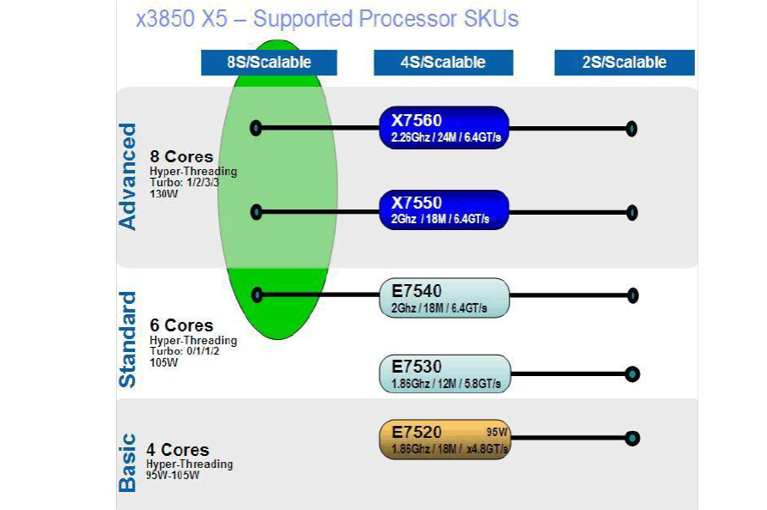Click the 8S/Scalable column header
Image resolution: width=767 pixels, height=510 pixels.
pyautogui.click(x=269, y=63)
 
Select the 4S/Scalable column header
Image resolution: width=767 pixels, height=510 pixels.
pyautogui.click(x=443, y=63)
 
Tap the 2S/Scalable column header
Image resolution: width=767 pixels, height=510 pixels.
pyautogui.click(x=624, y=63)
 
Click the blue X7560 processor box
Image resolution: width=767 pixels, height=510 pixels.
pyautogui.click(x=444, y=127)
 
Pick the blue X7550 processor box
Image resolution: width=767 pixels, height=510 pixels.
pyautogui.click(x=444, y=210)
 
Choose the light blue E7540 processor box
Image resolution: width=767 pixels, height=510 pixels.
pyautogui.click(x=444, y=297)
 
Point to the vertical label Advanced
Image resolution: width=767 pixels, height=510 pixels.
pyautogui.click(x=127, y=177)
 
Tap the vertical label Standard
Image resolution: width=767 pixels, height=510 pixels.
pyautogui.click(x=127, y=339)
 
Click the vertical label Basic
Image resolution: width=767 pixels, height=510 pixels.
pyautogui.click(x=127, y=462)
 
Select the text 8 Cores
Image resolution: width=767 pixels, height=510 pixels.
pyautogui.click(x=181, y=157)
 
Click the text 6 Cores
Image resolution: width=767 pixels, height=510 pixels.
pyautogui.click(x=181, y=325)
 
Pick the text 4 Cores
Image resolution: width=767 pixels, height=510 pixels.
pyautogui.click(x=178, y=450)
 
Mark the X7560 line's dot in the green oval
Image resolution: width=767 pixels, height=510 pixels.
pyautogui.click(x=255, y=128)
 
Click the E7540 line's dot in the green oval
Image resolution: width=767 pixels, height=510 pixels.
pyautogui.click(x=256, y=294)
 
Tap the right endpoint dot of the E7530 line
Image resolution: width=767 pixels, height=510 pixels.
pyautogui.click(x=632, y=373)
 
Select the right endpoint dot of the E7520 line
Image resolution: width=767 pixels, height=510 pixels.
pyautogui.click(x=632, y=438)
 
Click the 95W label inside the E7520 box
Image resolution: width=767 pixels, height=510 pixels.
pyautogui.click(x=497, y=432)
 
